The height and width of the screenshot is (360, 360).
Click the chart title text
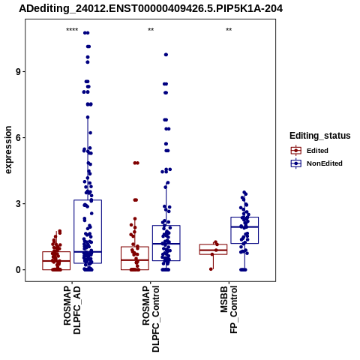151,9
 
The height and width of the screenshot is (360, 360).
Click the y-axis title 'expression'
8,150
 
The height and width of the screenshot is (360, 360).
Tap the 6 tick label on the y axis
18,138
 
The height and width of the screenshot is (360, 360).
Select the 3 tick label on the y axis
18,204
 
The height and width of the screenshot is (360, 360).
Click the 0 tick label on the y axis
18,270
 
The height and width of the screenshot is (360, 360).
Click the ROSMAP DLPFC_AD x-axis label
72,310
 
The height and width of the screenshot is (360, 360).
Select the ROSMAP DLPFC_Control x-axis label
151,319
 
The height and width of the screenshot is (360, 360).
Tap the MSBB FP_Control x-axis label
229,310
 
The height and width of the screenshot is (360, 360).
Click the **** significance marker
72,30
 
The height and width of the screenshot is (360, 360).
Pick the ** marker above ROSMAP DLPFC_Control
151,30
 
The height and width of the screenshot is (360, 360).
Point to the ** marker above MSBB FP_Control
229,30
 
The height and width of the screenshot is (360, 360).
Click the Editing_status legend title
320,136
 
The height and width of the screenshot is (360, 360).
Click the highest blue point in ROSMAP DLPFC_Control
166,55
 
